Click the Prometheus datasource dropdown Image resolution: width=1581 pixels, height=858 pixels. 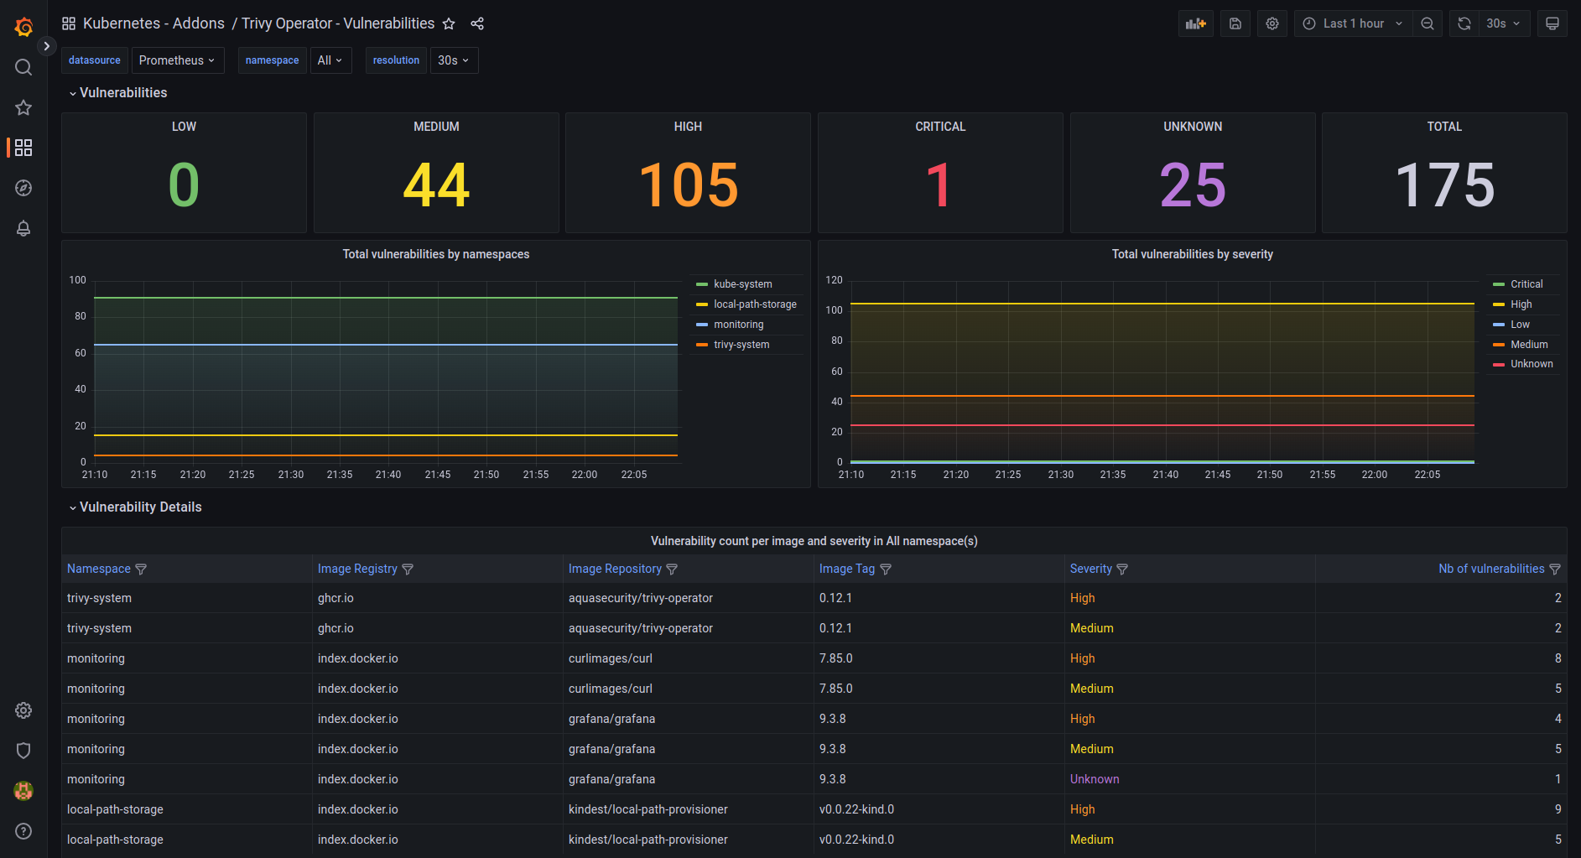click(177, 60)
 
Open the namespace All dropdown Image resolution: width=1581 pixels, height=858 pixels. click(330, 60)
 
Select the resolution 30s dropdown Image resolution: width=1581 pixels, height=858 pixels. click(453, 60)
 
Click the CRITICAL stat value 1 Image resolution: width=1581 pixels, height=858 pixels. click(939, 185)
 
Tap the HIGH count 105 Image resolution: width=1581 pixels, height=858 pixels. click(688, 185)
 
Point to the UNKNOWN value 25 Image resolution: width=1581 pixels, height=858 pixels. click(1192, 185)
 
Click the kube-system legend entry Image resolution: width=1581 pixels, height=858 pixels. click(742, 284)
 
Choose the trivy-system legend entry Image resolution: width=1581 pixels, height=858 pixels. click(741, 345)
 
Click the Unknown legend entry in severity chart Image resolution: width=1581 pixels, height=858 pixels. click(1531, 364)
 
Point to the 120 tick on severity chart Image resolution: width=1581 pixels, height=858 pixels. click(834, 280)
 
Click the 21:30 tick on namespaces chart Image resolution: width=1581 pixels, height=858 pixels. click(291, 475)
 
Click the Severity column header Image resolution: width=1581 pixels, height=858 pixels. click(1090, 569)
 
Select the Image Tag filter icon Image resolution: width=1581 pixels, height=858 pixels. click(886, 569)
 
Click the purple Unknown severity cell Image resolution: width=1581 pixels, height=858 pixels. click(1094, 779)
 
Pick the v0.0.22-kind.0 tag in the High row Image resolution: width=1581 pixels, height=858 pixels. click(856, 809)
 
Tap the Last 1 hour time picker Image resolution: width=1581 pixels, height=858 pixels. click(1352, 23)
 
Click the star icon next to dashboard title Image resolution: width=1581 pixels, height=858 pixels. click(449, 23)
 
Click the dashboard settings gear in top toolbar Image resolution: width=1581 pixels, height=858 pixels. click(1272, 23)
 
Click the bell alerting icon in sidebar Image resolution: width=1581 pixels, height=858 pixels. click(23, 228)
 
